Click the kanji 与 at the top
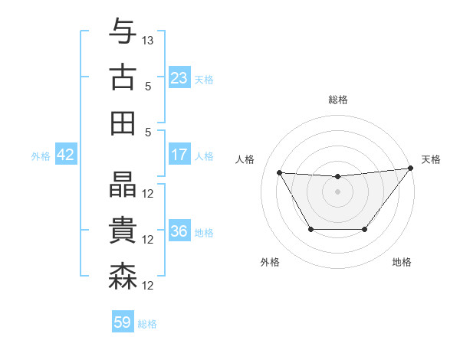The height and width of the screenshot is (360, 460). click(x=123, y=31)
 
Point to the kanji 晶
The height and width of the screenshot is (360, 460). click(x=123, y=184)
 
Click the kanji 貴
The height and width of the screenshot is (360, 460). click(x=123, y=230)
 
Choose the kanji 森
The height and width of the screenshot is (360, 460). click(x=123, y=276)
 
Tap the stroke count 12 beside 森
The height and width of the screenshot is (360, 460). click(x=149, y=286)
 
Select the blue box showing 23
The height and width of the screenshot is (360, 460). click(x=179, y=78)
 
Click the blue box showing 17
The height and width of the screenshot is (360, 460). click(x=179, y=155)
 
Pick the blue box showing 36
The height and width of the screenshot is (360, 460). click(x=179, y=231)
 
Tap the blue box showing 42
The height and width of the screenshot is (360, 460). click(x=66, y=155)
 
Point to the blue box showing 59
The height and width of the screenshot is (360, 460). click(x=123, y=322)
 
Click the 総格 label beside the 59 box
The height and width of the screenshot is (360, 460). click(x=148, y=324)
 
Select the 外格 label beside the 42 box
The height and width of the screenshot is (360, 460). click(x=41, y=156)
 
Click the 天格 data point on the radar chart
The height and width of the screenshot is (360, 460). click(x=409, y=169)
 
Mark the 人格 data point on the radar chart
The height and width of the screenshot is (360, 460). click(x=279, y=172)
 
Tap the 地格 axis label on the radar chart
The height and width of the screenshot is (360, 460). click(x=402, y=262)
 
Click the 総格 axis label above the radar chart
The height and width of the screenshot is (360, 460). click(x=337, y=100)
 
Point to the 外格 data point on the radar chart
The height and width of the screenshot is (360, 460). click(x=310, y=229)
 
